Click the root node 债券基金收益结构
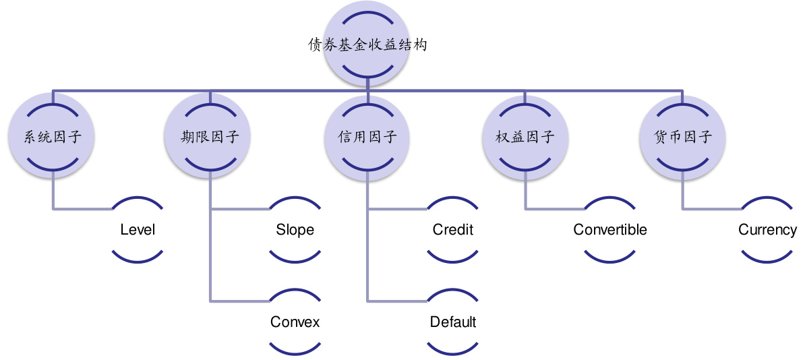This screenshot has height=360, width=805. click(x=367, y=46)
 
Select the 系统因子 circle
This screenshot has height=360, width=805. click(x=53, y=138)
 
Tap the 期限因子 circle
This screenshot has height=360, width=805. click(x=210, y=138)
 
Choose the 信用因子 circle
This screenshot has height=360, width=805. click(x=367, y=138)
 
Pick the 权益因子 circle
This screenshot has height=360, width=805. click(x=525, y=138)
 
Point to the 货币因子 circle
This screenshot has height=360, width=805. click(x=682, y=138)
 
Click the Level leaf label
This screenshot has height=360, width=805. click(x=138, y=230)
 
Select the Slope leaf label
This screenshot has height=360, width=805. click(x=295, y=230)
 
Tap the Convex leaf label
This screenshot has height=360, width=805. click(x=295, y=322)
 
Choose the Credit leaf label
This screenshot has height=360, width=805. click(x=452, y=230)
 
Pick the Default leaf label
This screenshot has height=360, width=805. click(x=452, y=322)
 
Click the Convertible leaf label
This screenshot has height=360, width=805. click(x=610, y=230)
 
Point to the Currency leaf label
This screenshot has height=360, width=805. click(x=767, y=230)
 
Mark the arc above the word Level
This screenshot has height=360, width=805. click(x=138, y=200)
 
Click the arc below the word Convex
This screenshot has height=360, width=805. click(x=295, y=351)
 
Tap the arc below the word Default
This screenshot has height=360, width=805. click(x=452, y=351)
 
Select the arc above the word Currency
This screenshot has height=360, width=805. click(x=767, y=200)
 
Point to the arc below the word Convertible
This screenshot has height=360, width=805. click(x=610, y=260)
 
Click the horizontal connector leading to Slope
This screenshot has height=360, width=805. click(x=239, y=209)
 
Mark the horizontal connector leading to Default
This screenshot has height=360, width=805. click(x=397, y=301)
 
